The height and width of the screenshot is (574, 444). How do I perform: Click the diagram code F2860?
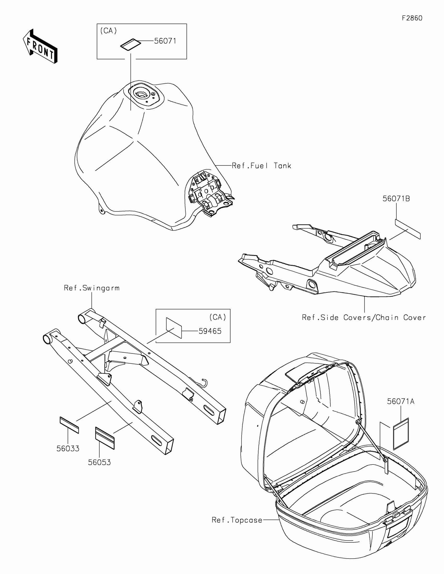point(412,18)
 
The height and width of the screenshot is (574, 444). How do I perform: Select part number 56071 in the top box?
point(165,41)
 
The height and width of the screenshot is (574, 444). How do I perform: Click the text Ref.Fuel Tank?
point(261,165)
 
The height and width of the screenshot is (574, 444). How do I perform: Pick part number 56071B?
point(396,199)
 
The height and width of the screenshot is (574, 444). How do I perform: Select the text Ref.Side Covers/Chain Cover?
point(364,318)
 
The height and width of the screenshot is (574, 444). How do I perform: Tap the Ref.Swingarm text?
point(92,288)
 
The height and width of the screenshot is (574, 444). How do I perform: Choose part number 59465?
point(210,331)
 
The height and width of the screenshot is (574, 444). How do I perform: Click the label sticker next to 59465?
point(174,328)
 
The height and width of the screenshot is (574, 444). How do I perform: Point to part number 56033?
point(68,448)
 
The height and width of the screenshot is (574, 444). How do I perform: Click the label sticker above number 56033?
point(69,425)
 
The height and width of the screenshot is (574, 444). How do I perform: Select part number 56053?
point(99,462)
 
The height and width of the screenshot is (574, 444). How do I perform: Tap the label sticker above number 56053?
point(105,438)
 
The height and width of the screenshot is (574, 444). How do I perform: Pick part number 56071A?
point(400,401)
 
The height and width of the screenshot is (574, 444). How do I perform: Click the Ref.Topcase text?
point(237,520)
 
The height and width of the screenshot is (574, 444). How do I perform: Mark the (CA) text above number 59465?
point(218,317)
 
